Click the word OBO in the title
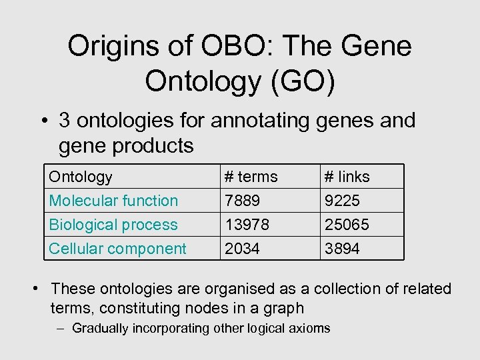(x=208, y=47)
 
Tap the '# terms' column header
(x=251, y=177)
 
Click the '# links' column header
(x=347, y=177)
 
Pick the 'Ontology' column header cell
(x=81, y=177)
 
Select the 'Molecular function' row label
(x=113, y=201)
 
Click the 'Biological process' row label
(x=113, y=225)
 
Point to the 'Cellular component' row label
(x=117, y=249)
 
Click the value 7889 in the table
(x=242, y=201)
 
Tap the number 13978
(x=247, y=225)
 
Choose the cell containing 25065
(x=346, y=225)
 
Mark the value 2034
(x=242, y=249)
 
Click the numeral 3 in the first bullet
(x=65, y=121)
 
